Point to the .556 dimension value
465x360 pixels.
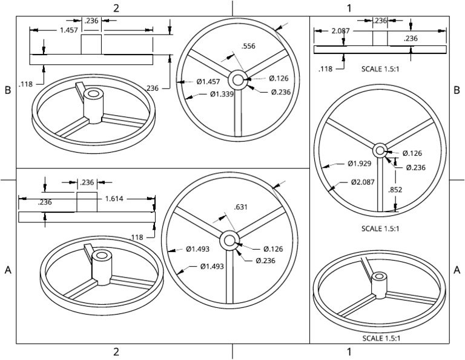[247, 46]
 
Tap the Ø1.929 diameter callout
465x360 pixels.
[359, 164]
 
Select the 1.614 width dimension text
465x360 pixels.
[117, 198]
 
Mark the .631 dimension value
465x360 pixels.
[240, 207]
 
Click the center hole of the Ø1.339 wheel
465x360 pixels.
[236, 79]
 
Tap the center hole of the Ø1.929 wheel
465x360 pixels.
[380, 150]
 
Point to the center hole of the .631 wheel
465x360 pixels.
[230, 241]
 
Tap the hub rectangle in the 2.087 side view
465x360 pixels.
[380, 38]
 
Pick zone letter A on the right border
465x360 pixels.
[457, 270]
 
